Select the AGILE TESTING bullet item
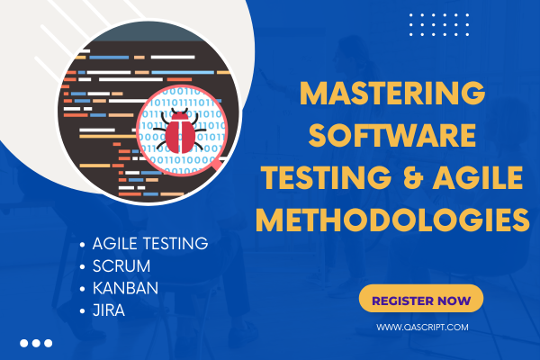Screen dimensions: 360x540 tap(150, 243)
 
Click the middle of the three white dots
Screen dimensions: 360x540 tap(36, 343)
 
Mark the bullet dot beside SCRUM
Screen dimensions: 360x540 tap(84, 265)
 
